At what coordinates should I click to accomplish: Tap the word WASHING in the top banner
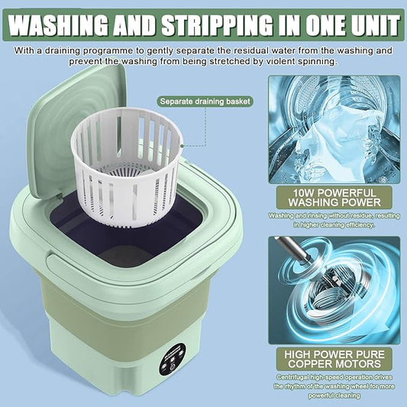coord(57,25)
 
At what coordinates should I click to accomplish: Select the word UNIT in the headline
coord(373,25)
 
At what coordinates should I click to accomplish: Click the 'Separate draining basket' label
coord(205,102)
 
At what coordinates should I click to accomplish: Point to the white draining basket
coord(126,166)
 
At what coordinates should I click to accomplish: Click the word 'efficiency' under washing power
coord(360,224)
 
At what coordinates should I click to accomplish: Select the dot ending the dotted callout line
coord(183,146)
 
